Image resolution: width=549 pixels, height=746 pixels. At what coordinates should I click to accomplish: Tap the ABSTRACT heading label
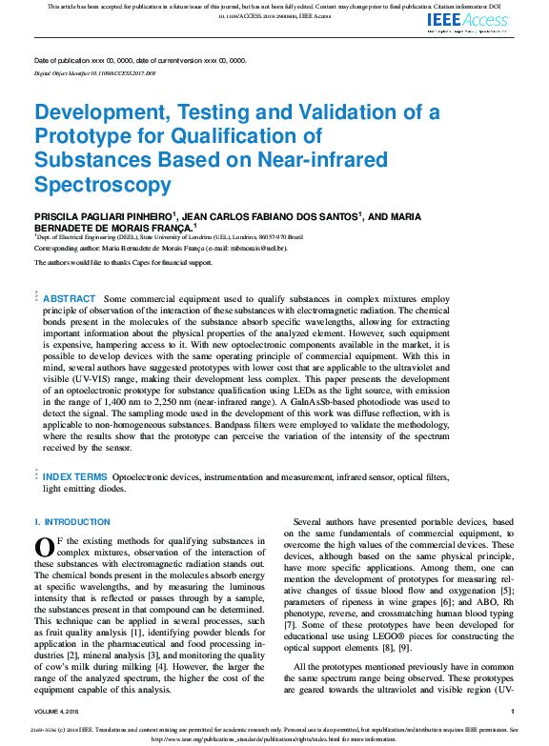tap(70, 299)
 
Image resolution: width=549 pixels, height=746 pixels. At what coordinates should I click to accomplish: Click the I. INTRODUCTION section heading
tap(72, 522)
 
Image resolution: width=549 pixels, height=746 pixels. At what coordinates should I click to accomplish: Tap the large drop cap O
tap(43, 546)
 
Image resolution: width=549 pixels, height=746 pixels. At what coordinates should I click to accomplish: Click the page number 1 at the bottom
tap(512, 711)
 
